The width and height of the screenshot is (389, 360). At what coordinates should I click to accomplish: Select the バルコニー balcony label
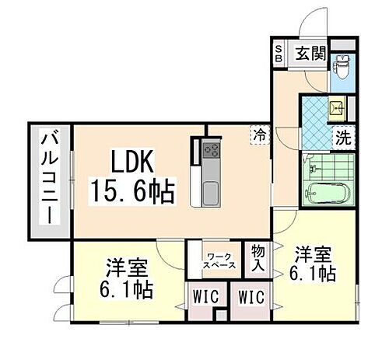coord(46,180)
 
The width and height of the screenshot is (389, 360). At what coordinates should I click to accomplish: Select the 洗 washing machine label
coord(342,140)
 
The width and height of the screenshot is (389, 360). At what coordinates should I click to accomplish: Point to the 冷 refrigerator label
coord(259,135)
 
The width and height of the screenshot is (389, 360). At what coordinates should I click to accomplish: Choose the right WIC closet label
coord(251,297)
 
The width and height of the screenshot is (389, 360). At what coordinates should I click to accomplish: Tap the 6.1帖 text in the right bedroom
coord(313,274)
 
